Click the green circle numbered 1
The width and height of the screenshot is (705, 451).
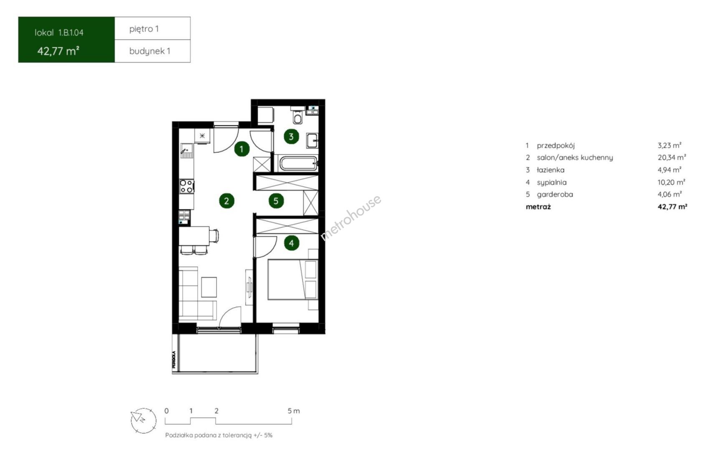tap(242, 149)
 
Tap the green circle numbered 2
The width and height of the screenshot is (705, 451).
tap(227, 201)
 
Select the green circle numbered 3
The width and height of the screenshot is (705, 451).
tap(291, 137)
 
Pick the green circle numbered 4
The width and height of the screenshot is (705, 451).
tap(292, 243)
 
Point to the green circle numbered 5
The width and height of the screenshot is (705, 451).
tap(276, 201)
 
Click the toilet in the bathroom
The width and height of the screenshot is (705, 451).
tap(297, 116)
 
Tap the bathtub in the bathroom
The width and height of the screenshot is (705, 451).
tap(298, 163)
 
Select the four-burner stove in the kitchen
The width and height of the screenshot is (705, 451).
tap(186, 186)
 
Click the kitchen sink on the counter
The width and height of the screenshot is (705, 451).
tap(186, 150)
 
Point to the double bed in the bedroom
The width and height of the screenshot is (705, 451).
tap(293, 279)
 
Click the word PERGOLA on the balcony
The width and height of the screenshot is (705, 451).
tap(174, 360)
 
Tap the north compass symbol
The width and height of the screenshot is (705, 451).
tap(144, 421)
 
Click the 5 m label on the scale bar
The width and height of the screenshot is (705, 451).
tap(294, 411)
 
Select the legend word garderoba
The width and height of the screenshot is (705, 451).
tap(555, 195)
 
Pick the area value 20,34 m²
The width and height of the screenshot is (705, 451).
tap(672, 157)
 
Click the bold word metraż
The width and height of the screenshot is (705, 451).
tap(538, 207)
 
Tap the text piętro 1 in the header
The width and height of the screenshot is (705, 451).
tap(144, 29)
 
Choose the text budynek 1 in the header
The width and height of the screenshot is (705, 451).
tap(150, 51)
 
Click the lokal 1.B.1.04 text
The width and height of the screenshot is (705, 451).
tap(59, 33)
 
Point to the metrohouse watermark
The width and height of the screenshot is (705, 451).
tap(350, 218)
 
